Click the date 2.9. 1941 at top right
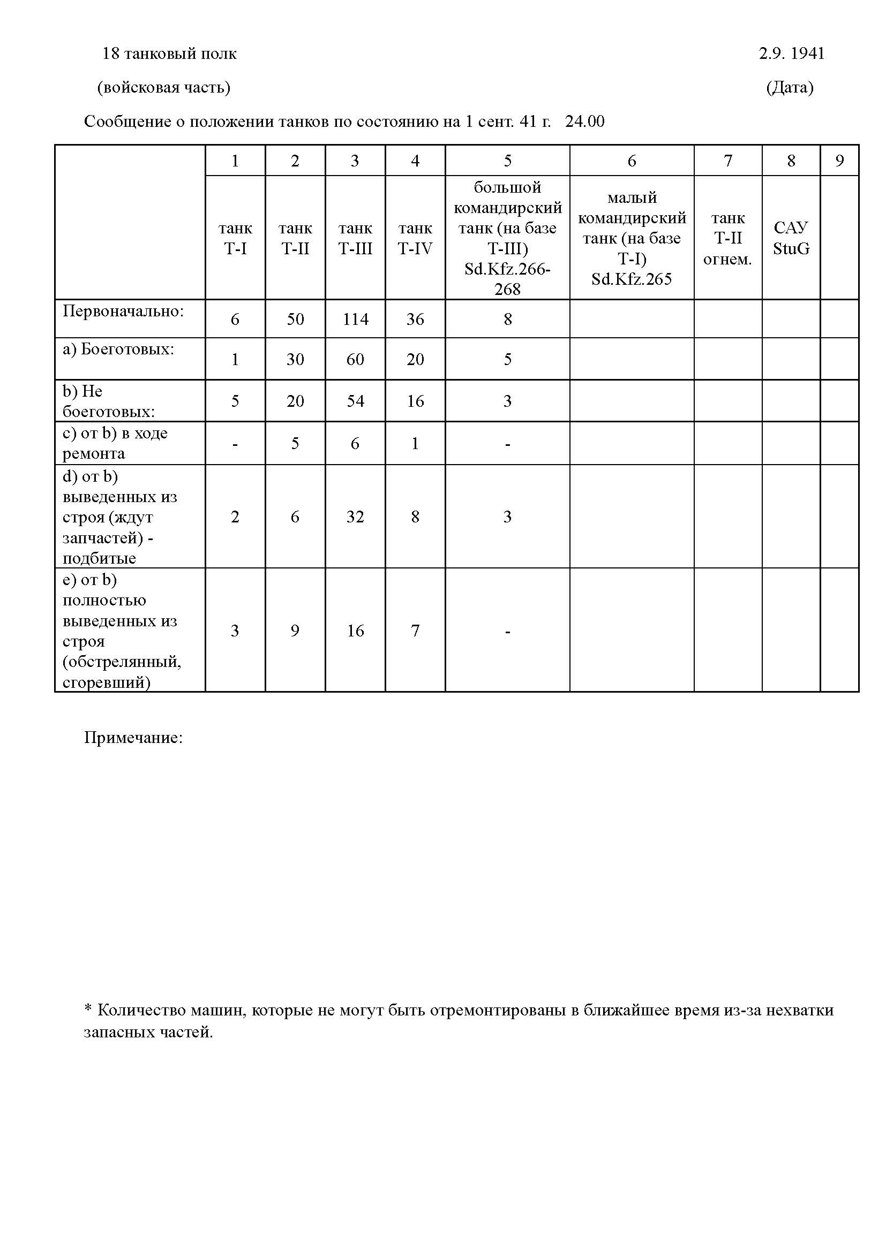click(x=791, y=54)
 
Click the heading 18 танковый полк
click(x=170, y=54)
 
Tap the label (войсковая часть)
click(x=164, y=87)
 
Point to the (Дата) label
click(x=790, y=87)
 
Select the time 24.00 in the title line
click(x=585, y=121)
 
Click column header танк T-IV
click(x=415, y=238)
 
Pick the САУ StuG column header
click(x=791, y=238)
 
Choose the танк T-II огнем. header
click(x=727, y=238)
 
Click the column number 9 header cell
click(x=839, y=161)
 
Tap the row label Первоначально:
click(x=123, y=311)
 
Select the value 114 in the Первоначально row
click(x=355, y=319)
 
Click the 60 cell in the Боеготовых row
click(x=355, y=359)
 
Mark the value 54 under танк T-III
click(x=355, y=401)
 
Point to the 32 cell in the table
click(x=355, y=517)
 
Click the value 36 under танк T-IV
click(x=415, y=319)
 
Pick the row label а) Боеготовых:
click(x=118, y=349)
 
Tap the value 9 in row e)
click(x=295, y=631)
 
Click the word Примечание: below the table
click(x=133, y=738)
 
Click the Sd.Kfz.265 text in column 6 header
click(x=631, y=279)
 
